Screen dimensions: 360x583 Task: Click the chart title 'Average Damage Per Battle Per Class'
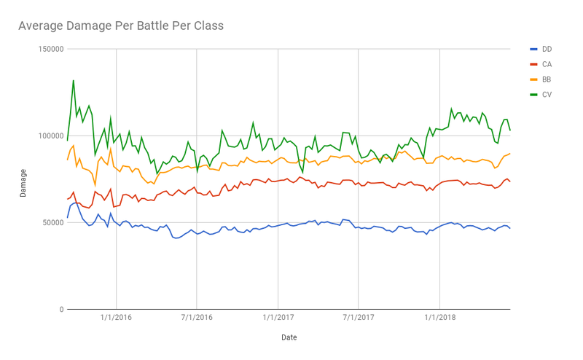(x=120, y=26)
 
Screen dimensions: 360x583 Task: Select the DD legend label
(x=547, y=49)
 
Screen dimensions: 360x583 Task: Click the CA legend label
(x=547, y=64)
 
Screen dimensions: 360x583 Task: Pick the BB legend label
(x=547, y=79)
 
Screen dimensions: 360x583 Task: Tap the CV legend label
(x=547, y=94)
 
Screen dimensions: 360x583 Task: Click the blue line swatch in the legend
(x=533, y=49)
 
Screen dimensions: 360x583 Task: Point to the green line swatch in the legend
(x=533, y=94)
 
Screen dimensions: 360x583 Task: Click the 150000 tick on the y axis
(x=49, y=49)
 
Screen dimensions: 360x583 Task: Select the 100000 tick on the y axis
(x=49, y=136)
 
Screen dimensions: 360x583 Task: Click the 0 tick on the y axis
(x=60, y=309)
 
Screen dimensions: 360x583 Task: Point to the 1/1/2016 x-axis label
(x=115, y=318)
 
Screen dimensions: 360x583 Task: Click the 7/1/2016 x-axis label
(x=196, y=318)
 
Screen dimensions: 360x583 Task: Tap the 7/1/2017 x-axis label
(x=358, y=318)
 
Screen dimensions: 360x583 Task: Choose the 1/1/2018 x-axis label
(x=439, y=318)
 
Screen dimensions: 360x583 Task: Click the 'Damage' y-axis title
(x=23, y=180)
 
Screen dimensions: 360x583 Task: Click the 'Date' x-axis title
(x=289, y=337)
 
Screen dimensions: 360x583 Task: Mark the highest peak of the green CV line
(x=73, y=80)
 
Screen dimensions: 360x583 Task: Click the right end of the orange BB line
(x=510, y=153)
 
